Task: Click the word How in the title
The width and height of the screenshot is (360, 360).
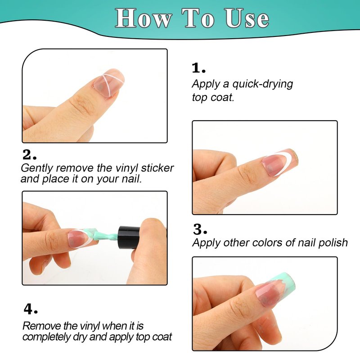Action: point(144,18)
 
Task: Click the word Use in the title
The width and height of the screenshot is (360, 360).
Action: point(246,18)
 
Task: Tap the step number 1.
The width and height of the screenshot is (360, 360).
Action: point(198,68)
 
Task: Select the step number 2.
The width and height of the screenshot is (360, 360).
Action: point(29,154)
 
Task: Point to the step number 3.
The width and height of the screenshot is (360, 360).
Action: point(200,229)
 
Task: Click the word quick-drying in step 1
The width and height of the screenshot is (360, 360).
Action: point(263,85)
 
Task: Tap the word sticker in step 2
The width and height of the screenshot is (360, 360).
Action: point(157,168)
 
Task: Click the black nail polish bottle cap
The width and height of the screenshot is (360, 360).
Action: point(129,238)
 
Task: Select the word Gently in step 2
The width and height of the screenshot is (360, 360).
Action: point(37,168)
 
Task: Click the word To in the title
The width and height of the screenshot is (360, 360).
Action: point(198,18)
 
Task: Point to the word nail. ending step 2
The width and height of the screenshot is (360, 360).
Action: point(131,179)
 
